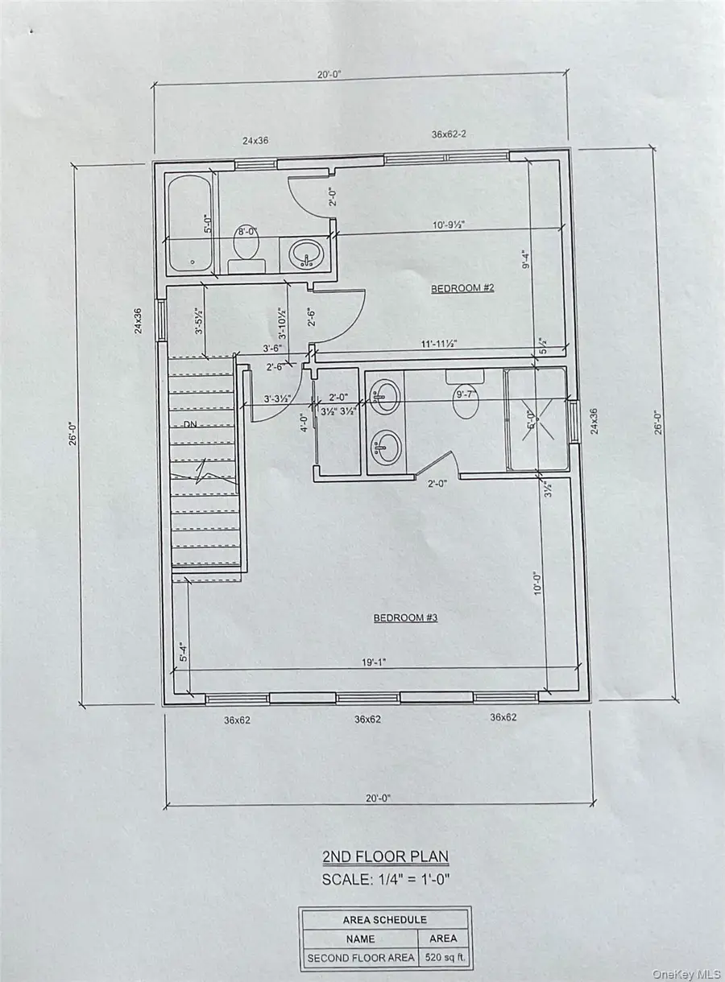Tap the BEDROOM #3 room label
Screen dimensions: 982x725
(x=405, y=618)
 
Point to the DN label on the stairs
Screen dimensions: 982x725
(x=190, y=424)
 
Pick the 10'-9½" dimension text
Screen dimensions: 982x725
(x=451, y=226)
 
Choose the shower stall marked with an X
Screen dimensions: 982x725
(x=535, y=419)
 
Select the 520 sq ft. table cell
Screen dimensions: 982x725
(x=443, y=959)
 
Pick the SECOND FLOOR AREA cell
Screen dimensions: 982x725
(x=360, y=959)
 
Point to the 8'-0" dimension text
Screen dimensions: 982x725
(x=246, y=232)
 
